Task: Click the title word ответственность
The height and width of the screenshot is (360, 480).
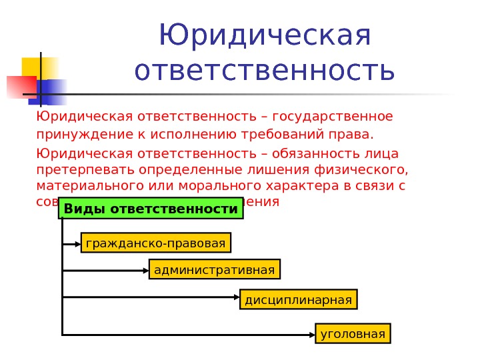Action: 265,71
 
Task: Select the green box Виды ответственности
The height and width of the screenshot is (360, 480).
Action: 151,209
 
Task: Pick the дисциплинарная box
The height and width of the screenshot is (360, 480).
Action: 298,300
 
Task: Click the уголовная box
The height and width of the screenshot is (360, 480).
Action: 353,333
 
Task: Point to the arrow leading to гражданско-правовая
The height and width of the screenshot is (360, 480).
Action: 71,244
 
